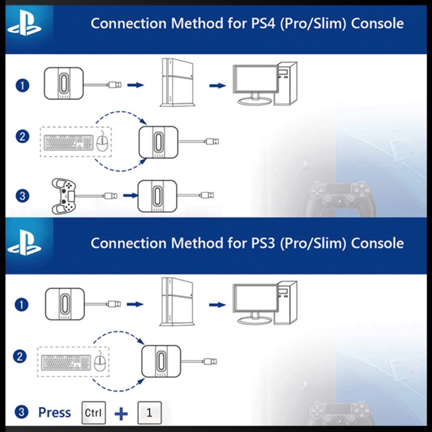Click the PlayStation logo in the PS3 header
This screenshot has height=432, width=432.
24,244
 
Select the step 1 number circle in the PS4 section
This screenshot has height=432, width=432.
23,85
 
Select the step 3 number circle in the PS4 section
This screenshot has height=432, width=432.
23,195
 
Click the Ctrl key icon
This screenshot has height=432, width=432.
93,412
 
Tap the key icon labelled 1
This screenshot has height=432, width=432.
149,412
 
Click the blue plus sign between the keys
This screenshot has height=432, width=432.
122,413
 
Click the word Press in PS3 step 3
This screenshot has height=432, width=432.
54,412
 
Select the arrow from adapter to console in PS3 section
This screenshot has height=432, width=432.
136,304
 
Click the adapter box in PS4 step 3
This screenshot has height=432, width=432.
157,196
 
